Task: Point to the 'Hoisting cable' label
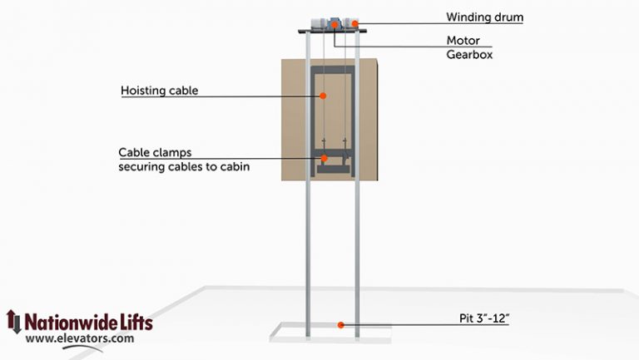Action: tap(159, 91)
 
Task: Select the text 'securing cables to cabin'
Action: tap(184, 166)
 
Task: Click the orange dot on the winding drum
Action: tap(354, 23)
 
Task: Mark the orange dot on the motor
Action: tap(334, 25)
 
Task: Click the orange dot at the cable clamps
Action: tap(324, 158)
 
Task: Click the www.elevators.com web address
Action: tap(80, 338)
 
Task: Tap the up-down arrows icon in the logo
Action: tap(12, 323)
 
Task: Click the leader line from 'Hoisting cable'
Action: tap(250, 97)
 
